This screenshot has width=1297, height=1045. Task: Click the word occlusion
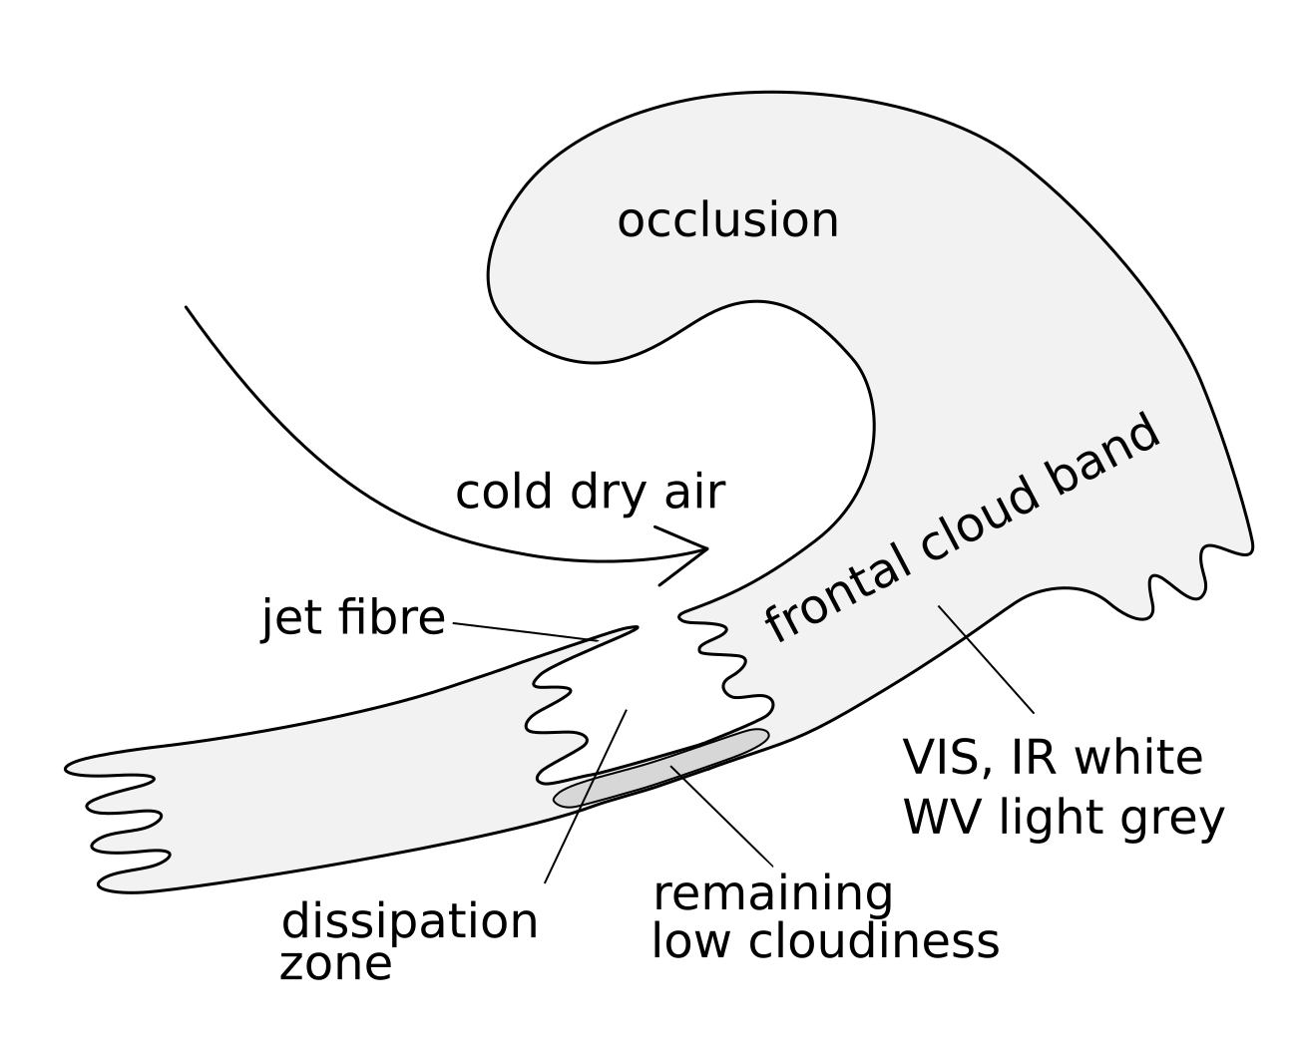click(x=727, y=220)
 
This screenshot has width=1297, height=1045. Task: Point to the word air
click(x=689, y=492)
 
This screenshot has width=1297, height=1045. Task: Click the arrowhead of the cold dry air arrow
click(x=704, y=548)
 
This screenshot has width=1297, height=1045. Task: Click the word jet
click(x=291, y=617)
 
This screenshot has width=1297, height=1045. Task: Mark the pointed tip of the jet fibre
click(x=635, y=628)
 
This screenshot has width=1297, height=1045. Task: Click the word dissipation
click(x=410, y=922)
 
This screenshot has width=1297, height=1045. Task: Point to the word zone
click(x=335, y=964)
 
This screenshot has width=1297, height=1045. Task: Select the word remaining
click(x=772, y=894)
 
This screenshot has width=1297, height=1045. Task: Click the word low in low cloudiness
click(x=687, y=941)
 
